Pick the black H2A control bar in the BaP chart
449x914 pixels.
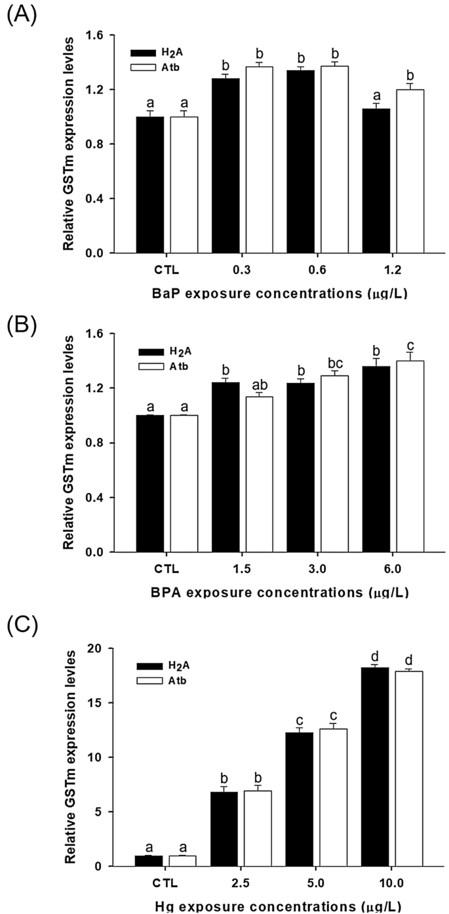[149, 184]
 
